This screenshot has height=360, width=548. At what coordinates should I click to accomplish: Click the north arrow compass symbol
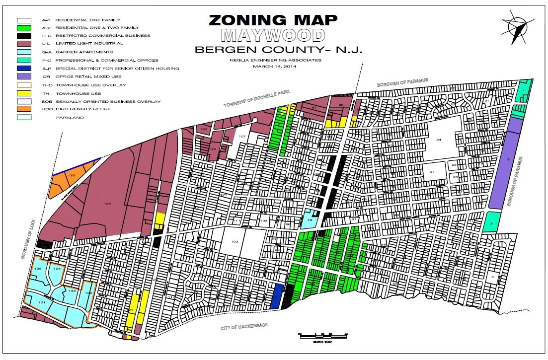(517, 28)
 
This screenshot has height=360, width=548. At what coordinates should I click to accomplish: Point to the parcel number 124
(106, 204)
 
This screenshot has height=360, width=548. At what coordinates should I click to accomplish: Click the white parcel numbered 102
(235, 242)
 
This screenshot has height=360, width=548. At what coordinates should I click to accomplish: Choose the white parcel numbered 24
(439, 140)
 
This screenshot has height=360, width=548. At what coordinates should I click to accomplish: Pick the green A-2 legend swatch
(24, 28)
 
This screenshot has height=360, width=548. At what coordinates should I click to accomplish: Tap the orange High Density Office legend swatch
(24, 109)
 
